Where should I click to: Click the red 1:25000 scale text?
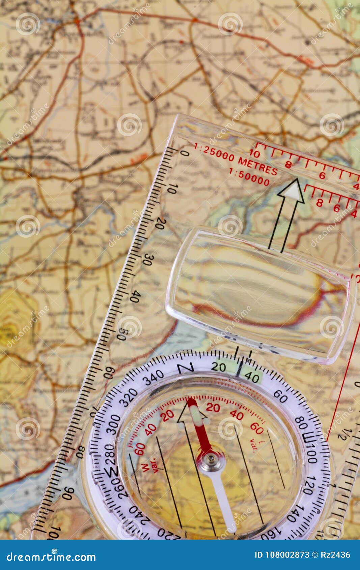point(214,152)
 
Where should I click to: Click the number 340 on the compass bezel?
point(154,379)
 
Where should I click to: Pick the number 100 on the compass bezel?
point(310,454)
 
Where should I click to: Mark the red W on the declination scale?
point(145,467)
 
